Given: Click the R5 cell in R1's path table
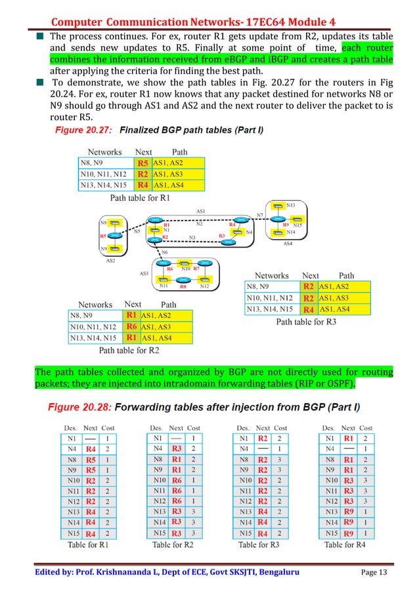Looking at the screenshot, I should (x=143, y=163).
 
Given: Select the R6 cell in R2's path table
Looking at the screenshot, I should (x=131, y=326).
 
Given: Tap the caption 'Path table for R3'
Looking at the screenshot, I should (x=306, y=322).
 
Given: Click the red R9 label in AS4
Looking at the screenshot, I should (x=286, y=225).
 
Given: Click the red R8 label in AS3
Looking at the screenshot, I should (x=183, y=286).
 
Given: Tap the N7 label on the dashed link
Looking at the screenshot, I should (x=260, y=215).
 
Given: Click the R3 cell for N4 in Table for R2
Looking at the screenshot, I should (x=176, y=448).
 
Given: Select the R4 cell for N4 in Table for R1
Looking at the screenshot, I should (x=91, y=448).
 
